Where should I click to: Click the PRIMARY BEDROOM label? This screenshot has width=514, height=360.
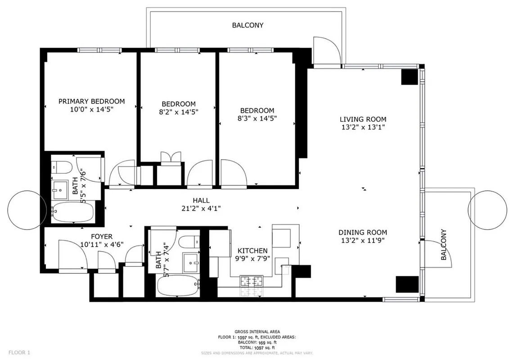tap(91, 101)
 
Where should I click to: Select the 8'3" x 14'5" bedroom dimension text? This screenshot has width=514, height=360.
tap(257, 118)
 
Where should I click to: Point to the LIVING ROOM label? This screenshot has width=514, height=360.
tap(363, 119)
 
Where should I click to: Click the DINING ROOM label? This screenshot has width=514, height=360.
tap(363, 233)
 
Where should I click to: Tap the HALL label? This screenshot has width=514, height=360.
tap(201, 200)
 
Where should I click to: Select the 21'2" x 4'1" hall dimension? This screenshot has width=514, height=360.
tap(201, 208)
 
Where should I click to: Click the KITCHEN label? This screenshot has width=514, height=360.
tap(252, 251)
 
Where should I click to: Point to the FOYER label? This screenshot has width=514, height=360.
tap(102, 236)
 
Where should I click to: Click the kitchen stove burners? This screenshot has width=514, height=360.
tap(251, 282)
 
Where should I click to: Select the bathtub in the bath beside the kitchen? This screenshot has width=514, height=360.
tap(177, 285)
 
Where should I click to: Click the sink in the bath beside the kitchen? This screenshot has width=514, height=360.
tap(191, 262)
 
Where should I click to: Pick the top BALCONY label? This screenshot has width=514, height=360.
tap(248, 25)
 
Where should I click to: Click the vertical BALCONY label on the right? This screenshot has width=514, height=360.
tap(444, 245)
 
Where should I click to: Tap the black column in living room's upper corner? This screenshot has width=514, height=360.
tap(410, 77)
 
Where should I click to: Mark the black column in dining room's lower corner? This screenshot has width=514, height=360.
tap(407, 284)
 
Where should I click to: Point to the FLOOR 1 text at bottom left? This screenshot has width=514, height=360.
tap(19, 352)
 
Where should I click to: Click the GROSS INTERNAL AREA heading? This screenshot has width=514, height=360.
tap(257, 332)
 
